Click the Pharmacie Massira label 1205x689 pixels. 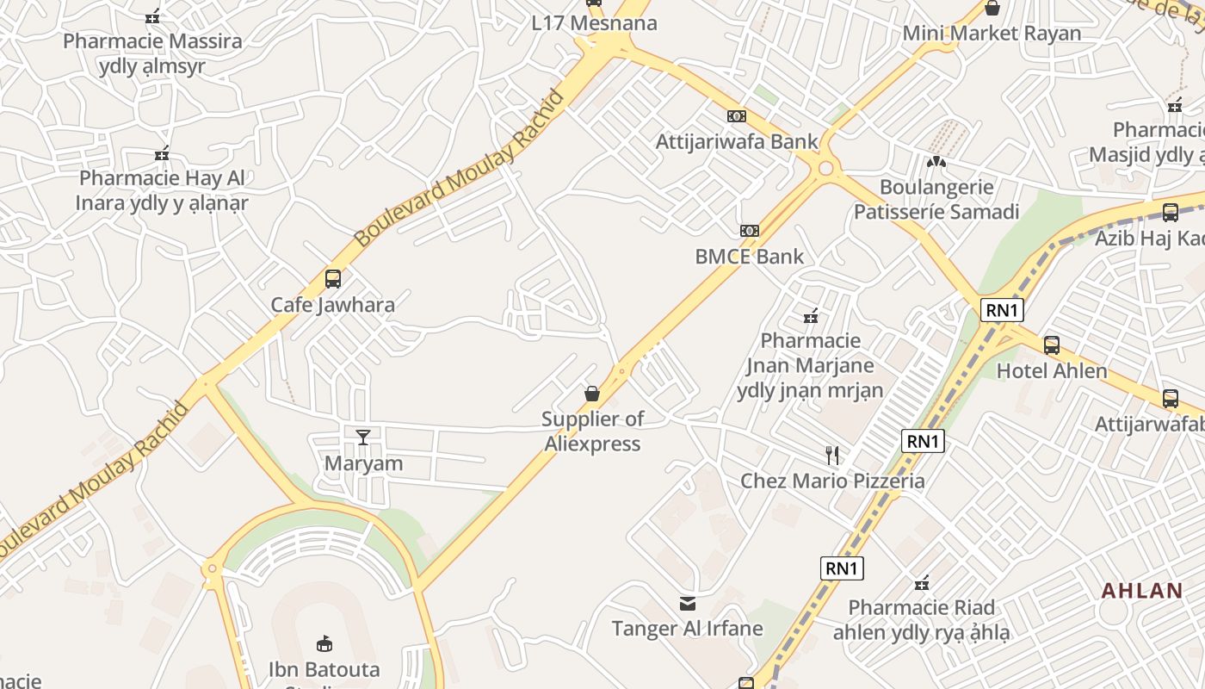click(152, 53)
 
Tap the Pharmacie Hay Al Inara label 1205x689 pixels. click(162, 190)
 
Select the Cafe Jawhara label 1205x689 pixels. click(333, 304)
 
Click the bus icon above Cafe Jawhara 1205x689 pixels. click(333, 279)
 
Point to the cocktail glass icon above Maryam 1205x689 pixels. click(363, 437)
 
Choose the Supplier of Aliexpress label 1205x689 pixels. click(592, 431)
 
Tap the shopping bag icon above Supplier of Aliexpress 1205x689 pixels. click(592, 394)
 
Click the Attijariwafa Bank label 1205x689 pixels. click(737, 141)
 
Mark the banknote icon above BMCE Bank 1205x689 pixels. click(750, 231)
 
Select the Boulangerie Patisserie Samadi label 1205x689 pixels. click(936, 199)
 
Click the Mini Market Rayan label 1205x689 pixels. click(992, 34)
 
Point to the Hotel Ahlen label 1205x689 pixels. click(1052, 371)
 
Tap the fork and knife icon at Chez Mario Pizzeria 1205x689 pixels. click(832, 456)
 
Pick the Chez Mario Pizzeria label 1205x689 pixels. click(832, 481)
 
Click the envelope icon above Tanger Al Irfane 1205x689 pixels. click(687, 603)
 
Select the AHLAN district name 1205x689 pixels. click(1142, 591)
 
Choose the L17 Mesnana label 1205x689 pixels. click(594, 23)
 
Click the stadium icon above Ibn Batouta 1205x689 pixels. click(324, 642)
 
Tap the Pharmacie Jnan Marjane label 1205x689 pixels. click(810, 365)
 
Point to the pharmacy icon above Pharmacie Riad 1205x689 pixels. click(922, 583)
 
